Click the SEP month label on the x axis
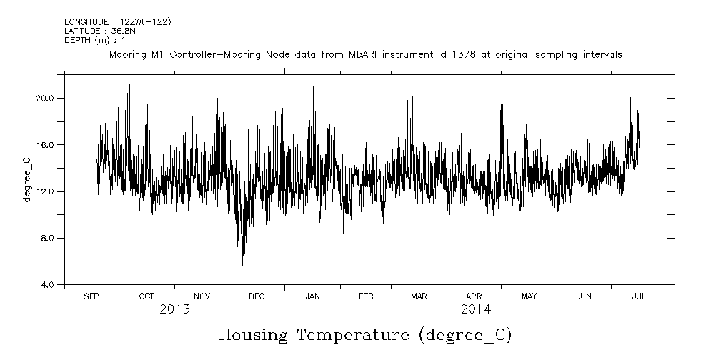91,296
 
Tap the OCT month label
146,296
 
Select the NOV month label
202,296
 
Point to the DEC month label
257,296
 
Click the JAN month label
312,296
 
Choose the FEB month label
365,296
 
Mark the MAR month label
419,296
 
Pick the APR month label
474,296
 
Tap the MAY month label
529,296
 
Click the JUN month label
584,296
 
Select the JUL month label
639,296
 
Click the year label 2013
174,310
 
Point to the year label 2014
476,310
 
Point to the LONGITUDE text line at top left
118,22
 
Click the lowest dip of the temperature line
243,266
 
